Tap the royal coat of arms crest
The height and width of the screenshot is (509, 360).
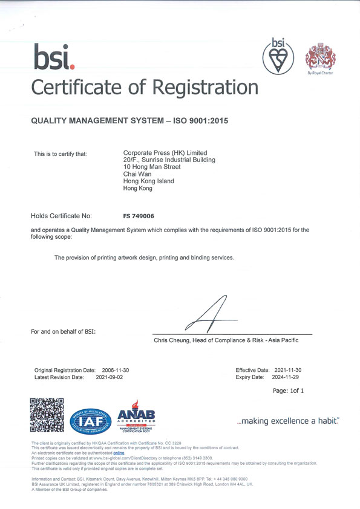point(319,56)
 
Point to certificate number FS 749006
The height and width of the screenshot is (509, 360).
point(139,215)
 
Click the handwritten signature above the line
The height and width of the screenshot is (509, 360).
point(212,314)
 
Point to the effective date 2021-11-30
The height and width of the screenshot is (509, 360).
point(288,369)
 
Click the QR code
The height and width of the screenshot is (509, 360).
point(47,415)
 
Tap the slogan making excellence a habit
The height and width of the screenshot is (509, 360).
point(287,421)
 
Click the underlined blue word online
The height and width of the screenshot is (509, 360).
point(119,452)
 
